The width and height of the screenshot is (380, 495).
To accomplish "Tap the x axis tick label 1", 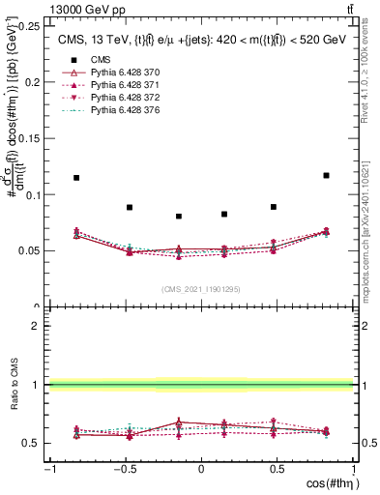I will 352,470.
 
